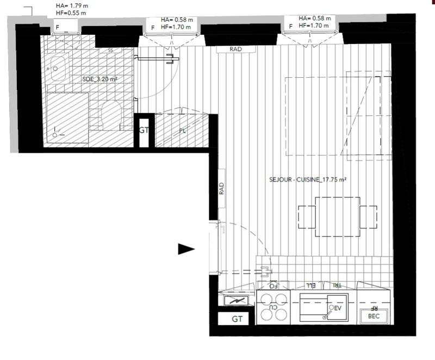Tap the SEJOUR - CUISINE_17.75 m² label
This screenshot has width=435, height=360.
click(x=308, y=180)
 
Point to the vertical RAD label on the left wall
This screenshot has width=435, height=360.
click(x=221, y=189)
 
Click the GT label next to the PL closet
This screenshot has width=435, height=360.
click(x=144, y=131)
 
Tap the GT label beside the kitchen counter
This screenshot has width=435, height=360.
click(x=237, y=319)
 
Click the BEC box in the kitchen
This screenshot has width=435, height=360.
click(x=374, y=316)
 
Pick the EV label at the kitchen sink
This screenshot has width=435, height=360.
click(x=337, y=308)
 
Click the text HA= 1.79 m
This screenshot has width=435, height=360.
click(x=72, y=5)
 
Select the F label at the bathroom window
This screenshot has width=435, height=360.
click(x=58, y=26)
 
